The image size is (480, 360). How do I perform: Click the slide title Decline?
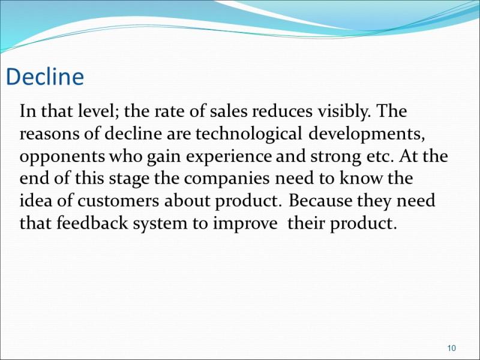point(44,77)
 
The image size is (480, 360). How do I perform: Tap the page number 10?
point(452,348)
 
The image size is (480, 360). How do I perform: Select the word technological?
point(248,134)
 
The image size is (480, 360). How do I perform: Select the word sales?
point(229,112)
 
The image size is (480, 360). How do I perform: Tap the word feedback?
point(92,223)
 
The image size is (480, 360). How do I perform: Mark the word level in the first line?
point(98,112)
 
